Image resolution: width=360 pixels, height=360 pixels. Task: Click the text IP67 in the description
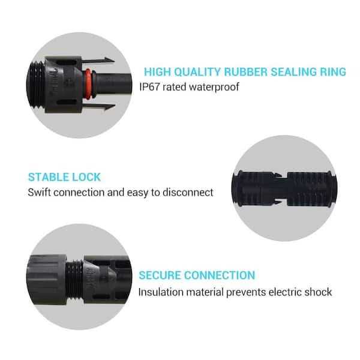click(151, 88)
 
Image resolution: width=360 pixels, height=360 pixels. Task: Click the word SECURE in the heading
click(160, 275)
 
